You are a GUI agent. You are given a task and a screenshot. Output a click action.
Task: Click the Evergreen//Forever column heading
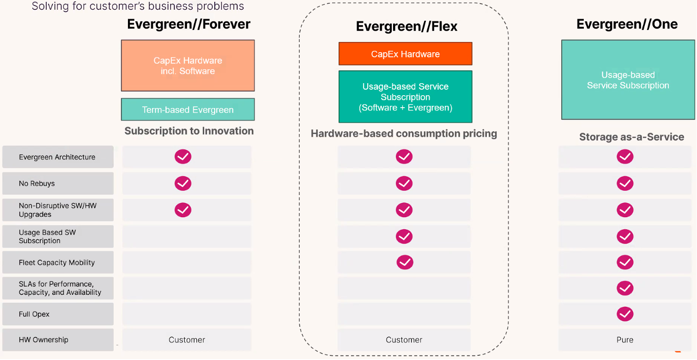[188, 24]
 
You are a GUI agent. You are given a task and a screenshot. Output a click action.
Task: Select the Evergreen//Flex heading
[406, 26]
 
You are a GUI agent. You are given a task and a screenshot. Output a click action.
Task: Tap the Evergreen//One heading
[627, 24]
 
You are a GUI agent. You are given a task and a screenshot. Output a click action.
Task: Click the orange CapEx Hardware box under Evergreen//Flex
[405, 54]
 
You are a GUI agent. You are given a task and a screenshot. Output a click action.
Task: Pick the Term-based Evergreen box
[188, 110]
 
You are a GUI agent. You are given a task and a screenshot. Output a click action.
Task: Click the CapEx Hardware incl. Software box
[188, 66]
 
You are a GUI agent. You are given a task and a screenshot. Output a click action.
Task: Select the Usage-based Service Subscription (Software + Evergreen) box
[405, 97]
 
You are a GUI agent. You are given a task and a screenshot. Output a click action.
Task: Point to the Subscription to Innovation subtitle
[189, 131]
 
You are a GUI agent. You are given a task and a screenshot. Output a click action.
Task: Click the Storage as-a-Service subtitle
[631, 137]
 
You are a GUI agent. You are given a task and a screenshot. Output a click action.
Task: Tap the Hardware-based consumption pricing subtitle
[404, 134]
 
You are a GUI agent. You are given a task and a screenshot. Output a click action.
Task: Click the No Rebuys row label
[36, 183]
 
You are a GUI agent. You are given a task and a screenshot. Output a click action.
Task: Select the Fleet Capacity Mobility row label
[57, 262]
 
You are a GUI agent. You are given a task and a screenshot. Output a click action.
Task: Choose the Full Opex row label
[34, 314]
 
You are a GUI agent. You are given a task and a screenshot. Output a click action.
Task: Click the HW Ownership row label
[43, 340]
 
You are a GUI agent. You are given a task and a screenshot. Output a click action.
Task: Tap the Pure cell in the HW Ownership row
[625, 340]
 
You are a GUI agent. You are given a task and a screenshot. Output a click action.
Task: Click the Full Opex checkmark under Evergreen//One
[625, 314]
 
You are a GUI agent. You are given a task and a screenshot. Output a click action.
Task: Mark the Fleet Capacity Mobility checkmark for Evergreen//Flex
[405, 262]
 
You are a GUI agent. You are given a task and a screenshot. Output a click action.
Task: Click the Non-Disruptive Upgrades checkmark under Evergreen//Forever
[182, 210]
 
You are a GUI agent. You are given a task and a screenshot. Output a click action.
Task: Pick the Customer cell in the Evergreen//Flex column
[404, 340]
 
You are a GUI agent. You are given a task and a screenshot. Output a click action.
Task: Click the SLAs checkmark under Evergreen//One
[625, 288]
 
